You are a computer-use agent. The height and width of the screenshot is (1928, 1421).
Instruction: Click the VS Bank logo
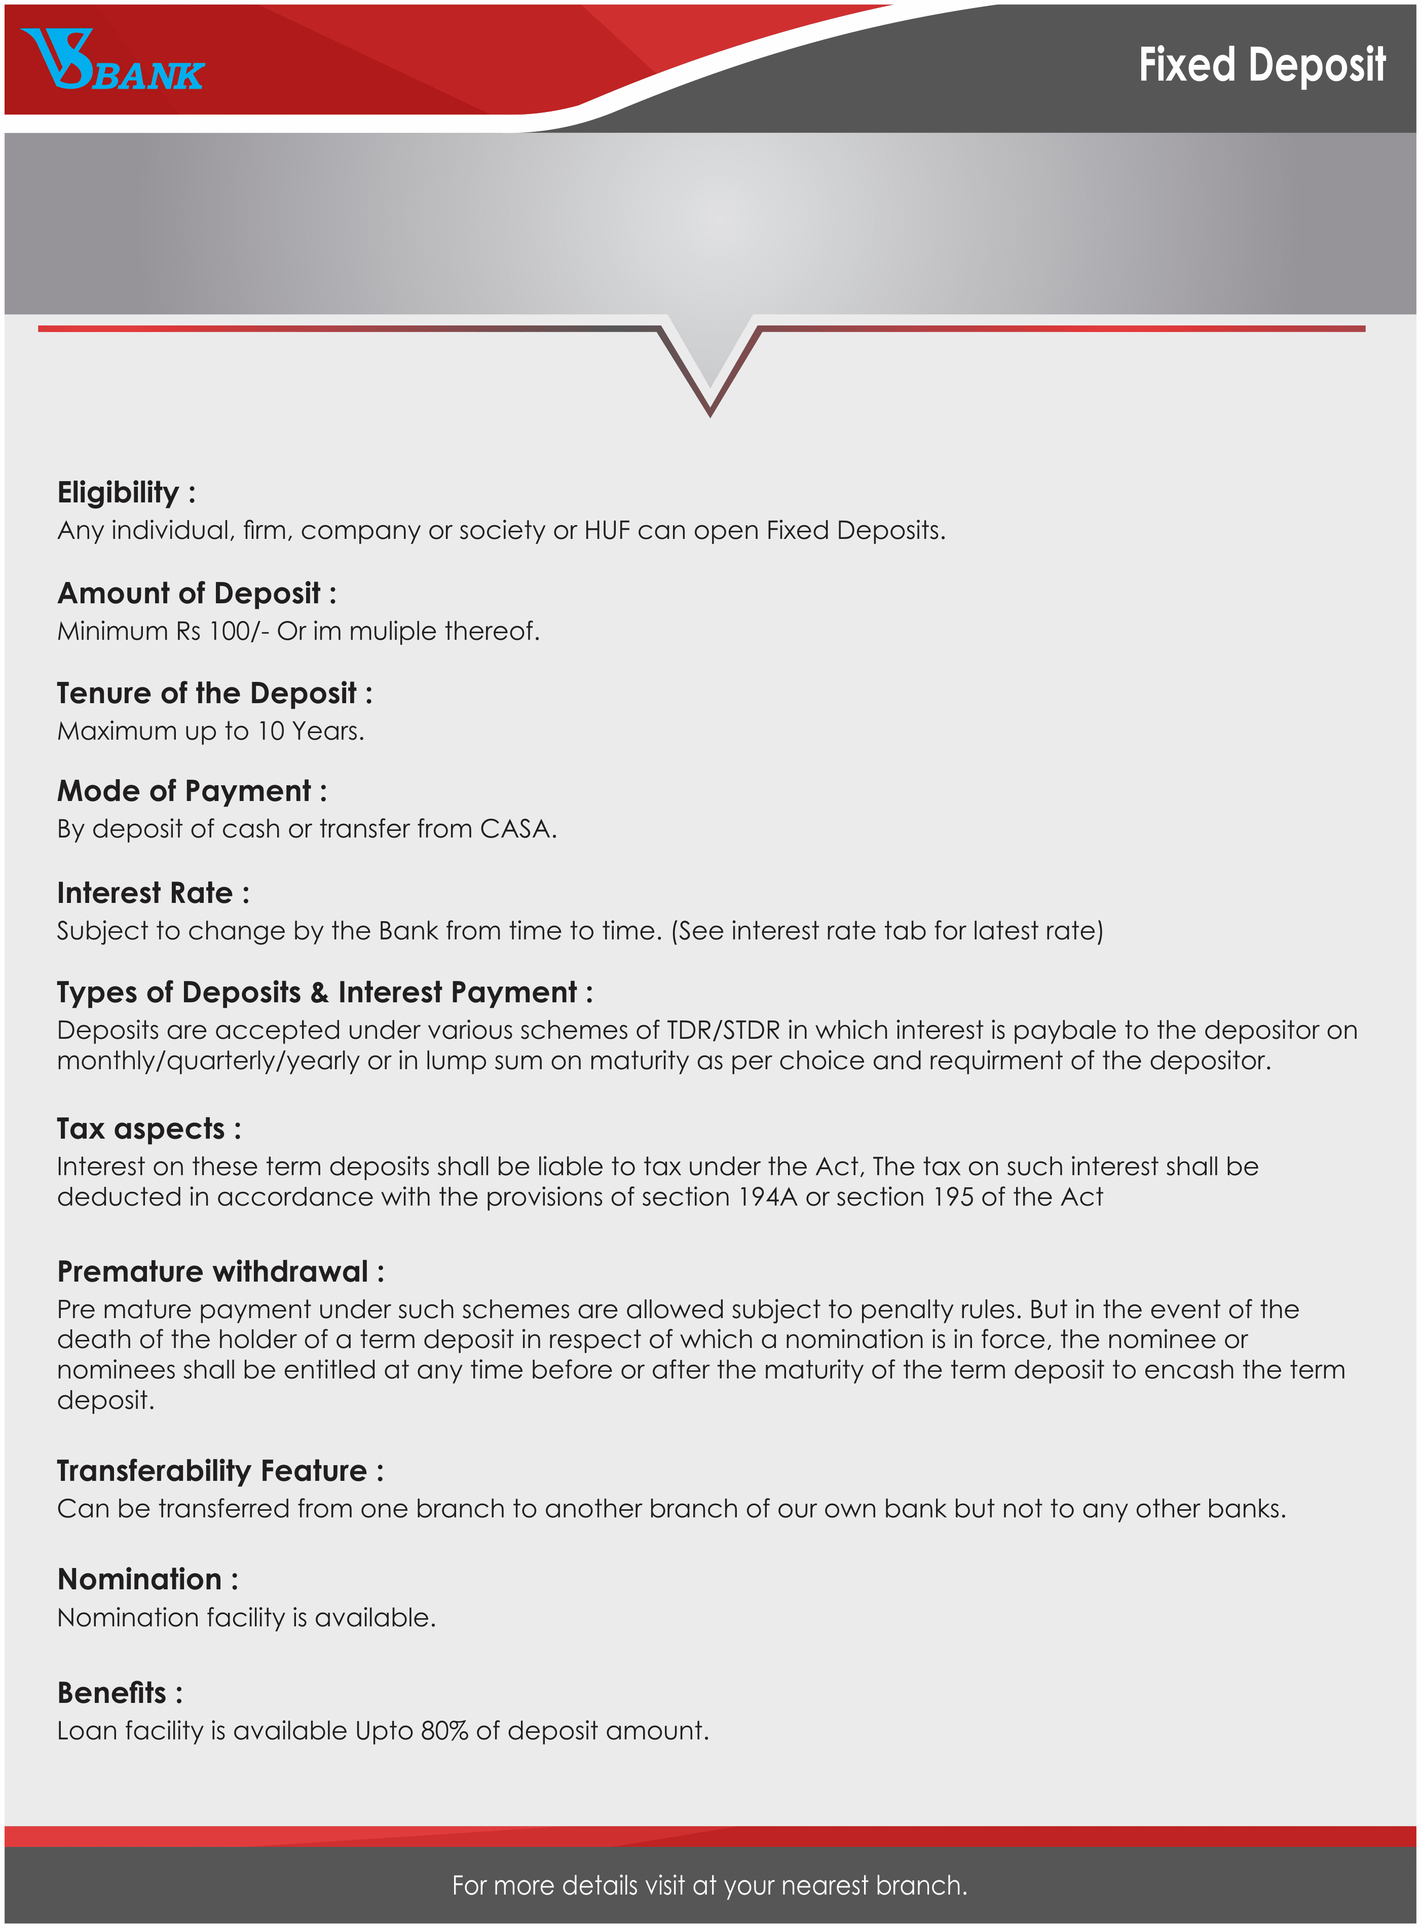click(112, 60)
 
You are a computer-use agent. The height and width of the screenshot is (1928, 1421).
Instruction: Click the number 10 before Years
click(271, 731)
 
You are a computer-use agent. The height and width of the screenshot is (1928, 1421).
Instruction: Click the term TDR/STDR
click(723, 1031)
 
